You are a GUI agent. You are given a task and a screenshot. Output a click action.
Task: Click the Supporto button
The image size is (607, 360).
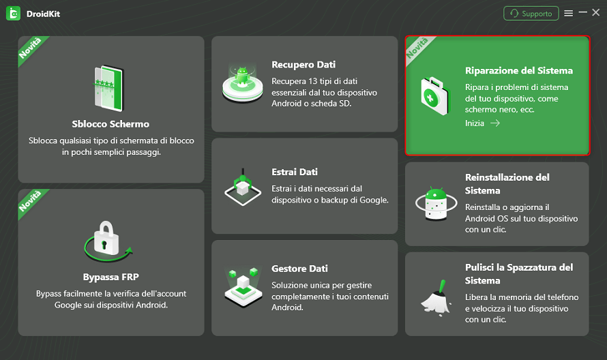[531, 14]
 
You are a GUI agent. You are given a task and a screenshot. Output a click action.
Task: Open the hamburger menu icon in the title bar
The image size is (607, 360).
[568, 14]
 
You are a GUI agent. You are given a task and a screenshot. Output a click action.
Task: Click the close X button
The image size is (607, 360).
[596, 13]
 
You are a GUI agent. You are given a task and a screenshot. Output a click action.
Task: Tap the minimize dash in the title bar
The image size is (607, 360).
[582, 13]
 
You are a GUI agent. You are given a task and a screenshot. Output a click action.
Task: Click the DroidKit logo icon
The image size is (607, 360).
[13, 14]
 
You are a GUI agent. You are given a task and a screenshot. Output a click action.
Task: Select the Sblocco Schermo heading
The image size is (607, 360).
[110, 124]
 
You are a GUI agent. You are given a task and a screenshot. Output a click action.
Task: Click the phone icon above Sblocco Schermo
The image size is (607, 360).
[109, 89]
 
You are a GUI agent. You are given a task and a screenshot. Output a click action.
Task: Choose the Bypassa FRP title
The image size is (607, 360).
[110, 277]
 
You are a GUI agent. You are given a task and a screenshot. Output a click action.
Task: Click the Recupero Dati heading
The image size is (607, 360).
[303, 65]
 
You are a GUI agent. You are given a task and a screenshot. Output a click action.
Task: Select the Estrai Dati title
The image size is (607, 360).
[295, 172]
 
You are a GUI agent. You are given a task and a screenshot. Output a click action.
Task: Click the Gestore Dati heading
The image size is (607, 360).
[299, 269]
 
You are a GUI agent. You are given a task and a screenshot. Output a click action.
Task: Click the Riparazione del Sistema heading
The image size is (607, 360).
[519, 71]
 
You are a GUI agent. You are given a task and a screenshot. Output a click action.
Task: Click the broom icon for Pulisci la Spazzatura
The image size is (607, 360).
[436, 297]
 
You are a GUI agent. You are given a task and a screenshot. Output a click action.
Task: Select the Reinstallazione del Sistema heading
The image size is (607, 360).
[507, 184]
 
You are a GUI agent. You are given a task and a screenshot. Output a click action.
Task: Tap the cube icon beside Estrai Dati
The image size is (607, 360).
[243, 187]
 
